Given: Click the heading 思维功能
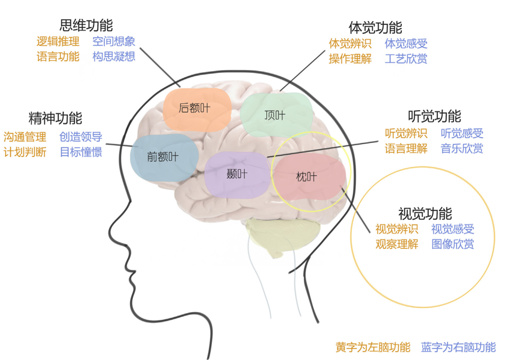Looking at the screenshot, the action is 86,25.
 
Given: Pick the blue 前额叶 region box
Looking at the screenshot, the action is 164,157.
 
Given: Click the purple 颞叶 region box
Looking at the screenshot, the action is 237,175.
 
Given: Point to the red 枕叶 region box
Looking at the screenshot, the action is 307,177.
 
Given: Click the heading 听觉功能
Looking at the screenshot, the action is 434,116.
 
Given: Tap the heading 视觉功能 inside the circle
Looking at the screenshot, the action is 425,214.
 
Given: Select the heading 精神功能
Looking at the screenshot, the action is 55,119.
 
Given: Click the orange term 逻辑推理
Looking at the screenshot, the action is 58,42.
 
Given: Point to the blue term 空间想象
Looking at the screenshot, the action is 114,42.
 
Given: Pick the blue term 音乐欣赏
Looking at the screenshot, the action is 462,148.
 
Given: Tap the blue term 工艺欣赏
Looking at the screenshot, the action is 406,59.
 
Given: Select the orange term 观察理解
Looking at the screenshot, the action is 397,244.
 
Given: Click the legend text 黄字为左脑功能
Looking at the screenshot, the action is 373,347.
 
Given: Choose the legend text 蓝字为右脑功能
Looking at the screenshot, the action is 458,347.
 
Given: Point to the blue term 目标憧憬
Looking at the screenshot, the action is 81,152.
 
